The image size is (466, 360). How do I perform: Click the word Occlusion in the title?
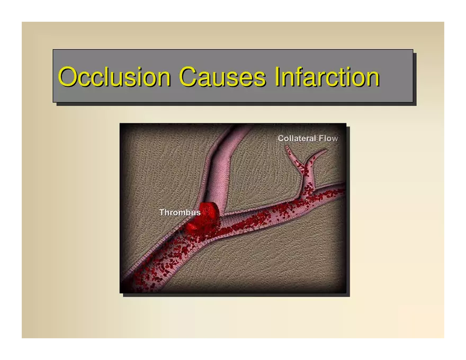[114, 77]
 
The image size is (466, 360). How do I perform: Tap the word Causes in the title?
[222, 77]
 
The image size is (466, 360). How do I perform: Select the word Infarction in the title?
[327, 76]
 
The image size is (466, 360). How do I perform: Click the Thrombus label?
[180, 212]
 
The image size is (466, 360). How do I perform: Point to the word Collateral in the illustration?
[297, 138]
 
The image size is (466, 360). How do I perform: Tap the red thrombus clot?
[203, 218]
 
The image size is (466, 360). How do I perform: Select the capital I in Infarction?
[276, 76]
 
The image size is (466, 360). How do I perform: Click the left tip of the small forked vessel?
[286, 147]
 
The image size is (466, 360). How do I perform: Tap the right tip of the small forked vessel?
[326, 150]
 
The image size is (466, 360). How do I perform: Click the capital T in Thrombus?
[162, 212]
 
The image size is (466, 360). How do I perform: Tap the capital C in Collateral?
[281, 138]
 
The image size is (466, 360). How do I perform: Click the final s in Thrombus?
[199, 213]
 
